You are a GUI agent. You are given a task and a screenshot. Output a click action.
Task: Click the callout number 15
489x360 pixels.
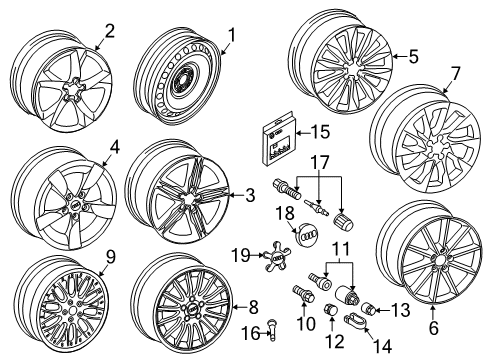pos(318,132)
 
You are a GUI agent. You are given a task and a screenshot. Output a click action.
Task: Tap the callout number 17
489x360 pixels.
pos(320,162)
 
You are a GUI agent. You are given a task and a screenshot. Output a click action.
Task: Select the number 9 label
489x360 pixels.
pos(110,257)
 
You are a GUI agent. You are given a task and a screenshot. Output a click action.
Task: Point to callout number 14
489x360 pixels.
pos(382,346)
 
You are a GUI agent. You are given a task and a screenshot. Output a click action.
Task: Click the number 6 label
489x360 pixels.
pos(433,328)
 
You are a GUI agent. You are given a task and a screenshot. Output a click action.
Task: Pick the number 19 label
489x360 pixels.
pos(241,256)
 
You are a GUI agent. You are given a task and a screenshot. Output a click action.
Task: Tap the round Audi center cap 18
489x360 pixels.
pos(307,232)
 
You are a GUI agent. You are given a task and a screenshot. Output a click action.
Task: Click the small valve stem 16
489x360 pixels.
pos(273,330)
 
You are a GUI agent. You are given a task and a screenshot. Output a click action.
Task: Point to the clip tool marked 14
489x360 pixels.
pos(355,320)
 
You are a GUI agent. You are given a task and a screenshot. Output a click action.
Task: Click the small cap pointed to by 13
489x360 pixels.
pos(369,309)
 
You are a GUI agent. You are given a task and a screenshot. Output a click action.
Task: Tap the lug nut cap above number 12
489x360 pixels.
pos(330,310)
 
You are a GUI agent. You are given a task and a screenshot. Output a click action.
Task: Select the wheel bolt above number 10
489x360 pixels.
pos(303,294)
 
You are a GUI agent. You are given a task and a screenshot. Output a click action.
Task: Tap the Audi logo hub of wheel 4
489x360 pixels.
pos(75,206)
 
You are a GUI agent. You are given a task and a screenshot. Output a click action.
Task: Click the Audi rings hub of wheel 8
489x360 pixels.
pos(193,310)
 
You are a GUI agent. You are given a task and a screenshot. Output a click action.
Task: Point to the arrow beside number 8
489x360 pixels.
pos(239,307)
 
